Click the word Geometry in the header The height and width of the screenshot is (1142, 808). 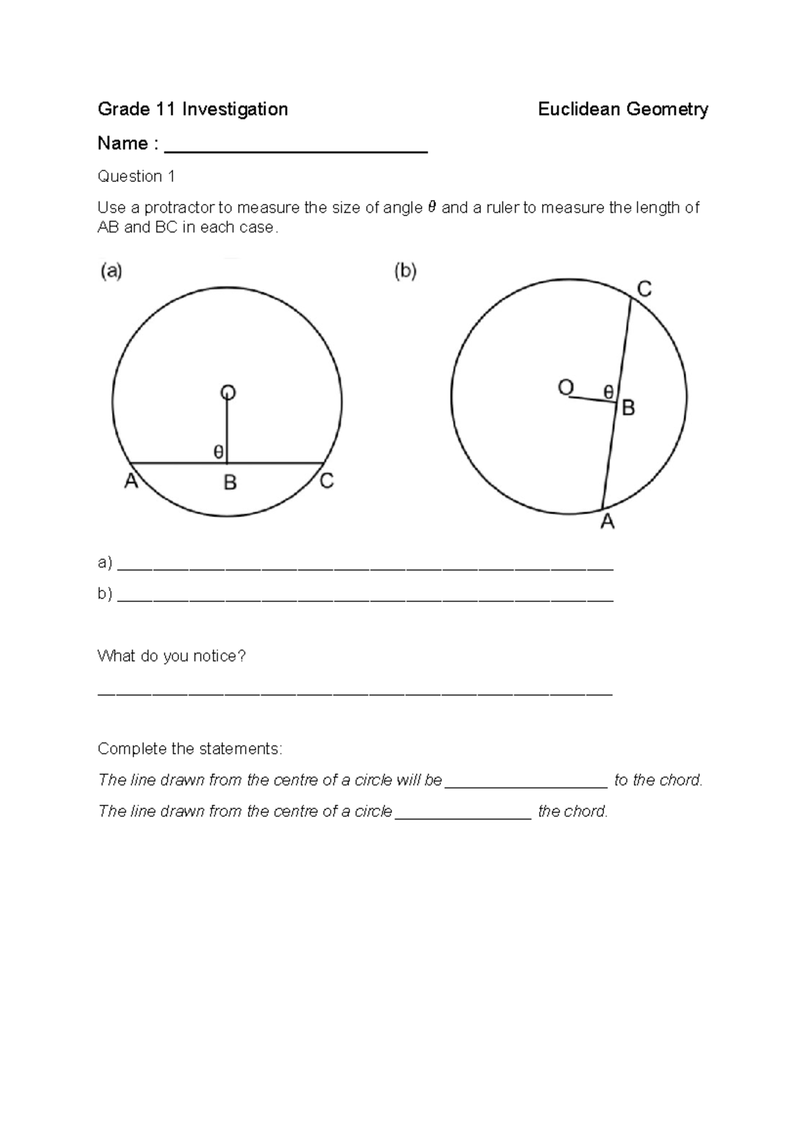click(x=667, y=109)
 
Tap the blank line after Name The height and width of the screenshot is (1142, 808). click(x=296, y=149)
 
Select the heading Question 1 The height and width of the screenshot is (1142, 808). click(x=137, y=176)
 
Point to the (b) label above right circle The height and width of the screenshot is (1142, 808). click(x=405, y=271)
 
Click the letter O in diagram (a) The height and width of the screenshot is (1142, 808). click(x=228, y=391)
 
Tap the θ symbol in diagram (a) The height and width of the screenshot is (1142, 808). click(x=218, y=452)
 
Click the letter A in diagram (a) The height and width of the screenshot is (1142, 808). click(x=131, y=482)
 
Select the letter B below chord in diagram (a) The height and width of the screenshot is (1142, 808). click(x=230, y=483)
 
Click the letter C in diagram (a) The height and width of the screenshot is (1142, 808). click(x=327, y=481)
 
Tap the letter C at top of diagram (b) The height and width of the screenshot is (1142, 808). click(x=644, y=290)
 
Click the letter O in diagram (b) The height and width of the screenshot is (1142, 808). click(x=566, y=387)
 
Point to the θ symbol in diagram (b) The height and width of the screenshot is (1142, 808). click(x=608, y=391)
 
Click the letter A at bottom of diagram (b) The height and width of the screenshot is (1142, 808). click(x=607, y=521)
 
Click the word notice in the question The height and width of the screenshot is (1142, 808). click(x=215, y=656)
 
